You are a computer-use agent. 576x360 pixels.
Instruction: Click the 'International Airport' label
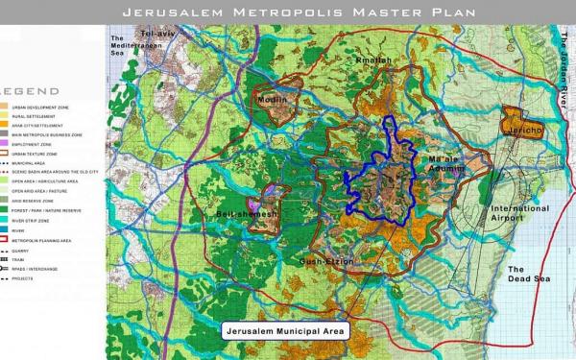coord(519,214)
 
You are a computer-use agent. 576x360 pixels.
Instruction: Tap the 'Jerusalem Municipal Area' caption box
coord(284,330)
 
